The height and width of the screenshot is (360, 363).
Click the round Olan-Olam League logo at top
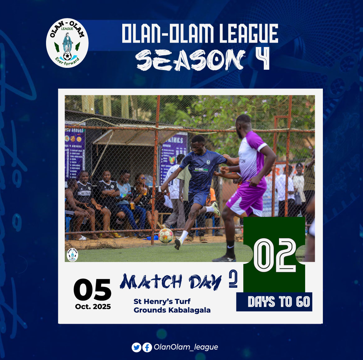tap(67, 43)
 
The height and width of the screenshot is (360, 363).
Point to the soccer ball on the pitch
tap(166, 236)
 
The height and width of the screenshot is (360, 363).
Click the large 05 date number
tap(92, 290)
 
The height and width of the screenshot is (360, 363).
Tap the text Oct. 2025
tap(93, 307)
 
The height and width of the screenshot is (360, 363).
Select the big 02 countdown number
tap(275, 255)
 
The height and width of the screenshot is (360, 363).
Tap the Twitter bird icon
tap(136, 347)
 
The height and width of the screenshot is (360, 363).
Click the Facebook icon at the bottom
tap(147, 347)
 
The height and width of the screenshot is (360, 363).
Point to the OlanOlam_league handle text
tap(186, 347)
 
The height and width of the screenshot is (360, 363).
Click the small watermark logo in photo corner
tap(72, 255)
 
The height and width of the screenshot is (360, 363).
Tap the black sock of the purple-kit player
tap(230, 249)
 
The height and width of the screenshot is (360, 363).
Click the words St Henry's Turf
tap(162, 301)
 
